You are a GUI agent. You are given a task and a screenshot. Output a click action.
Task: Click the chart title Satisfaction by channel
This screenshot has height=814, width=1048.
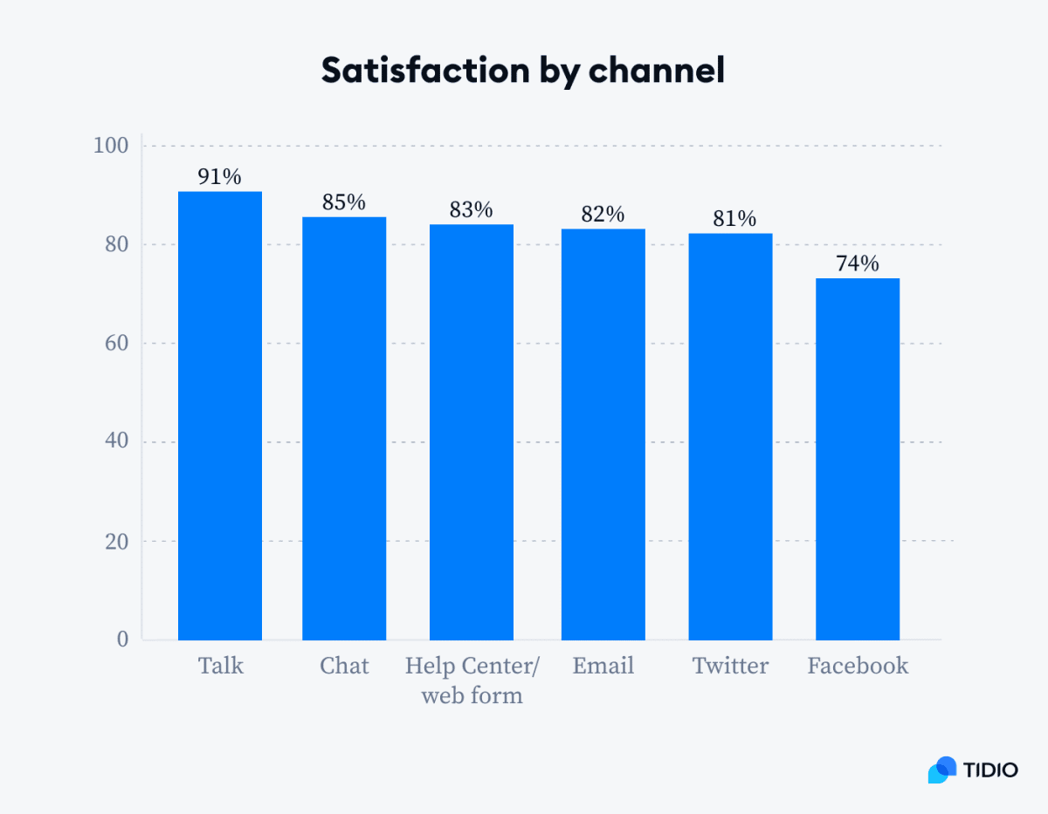click(522, 70)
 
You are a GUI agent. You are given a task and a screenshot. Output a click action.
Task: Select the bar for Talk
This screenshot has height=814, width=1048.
click(220, 416)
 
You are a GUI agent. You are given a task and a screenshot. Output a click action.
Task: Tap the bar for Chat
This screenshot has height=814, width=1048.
click(344, 428)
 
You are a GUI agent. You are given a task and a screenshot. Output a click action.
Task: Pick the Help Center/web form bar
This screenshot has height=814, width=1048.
click(472, 432)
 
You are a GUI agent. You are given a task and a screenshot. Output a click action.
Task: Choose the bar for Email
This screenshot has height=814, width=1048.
click(603, 434)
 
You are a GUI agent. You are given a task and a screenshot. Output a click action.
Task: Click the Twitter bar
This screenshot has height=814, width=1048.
click(730, 436)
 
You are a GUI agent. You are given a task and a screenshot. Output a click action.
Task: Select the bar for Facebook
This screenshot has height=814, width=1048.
click(858, 459)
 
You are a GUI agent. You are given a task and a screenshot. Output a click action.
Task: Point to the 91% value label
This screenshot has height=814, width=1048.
click(219, 177)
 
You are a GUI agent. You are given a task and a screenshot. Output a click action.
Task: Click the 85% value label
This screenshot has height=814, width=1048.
click(344, 202)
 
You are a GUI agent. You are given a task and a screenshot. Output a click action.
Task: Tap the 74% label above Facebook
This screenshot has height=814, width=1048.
click(858, 263)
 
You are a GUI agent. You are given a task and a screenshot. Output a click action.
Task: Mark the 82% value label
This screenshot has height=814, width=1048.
click(603, 215)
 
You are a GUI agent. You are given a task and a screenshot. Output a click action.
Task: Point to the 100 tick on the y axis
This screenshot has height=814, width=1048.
click(111, 146)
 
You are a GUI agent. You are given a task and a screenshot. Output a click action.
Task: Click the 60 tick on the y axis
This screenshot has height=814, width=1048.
click(115, 344)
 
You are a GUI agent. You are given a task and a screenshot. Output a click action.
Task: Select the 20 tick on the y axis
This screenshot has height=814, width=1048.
click(115, 542)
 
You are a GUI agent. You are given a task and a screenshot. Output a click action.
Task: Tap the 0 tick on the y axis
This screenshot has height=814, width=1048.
click(122, 640)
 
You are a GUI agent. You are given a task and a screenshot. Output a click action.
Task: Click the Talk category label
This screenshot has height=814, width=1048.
click(220, 667)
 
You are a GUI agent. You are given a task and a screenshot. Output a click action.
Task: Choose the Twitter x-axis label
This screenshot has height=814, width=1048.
click(730, 667)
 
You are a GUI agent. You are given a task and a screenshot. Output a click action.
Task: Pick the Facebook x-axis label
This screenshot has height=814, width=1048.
click(858, 667)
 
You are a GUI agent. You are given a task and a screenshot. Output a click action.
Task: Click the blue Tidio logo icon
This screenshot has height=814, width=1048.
click(942, 770)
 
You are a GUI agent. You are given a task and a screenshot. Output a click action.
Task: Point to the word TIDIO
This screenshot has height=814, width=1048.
click(991, 770)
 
